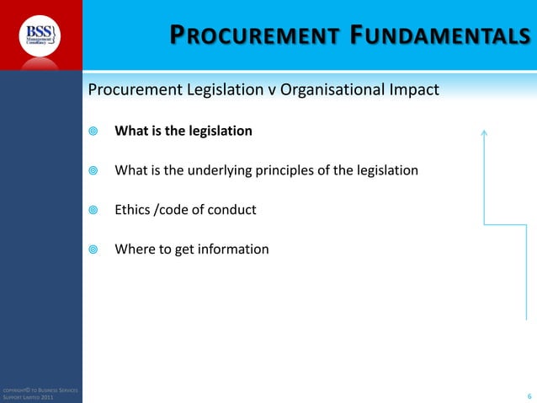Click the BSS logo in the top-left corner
click(40, 35)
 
